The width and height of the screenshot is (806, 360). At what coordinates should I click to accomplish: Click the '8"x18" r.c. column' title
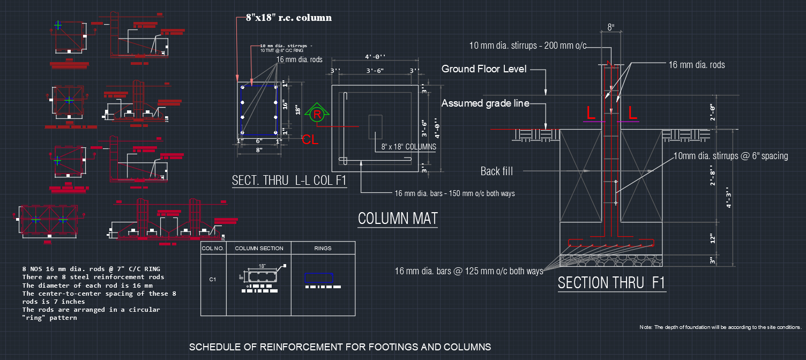pos(289,18)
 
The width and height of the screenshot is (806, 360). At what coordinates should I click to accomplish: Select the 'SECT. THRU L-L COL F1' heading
pos(289,181)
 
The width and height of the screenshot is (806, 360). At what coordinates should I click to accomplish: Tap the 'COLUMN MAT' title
pos(398,219)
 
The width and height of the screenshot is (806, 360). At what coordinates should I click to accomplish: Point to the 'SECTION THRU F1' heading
pos(611,282)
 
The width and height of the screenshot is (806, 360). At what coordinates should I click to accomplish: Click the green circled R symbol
pos(317,115)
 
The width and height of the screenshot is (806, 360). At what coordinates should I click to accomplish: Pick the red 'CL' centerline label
pos(310,140)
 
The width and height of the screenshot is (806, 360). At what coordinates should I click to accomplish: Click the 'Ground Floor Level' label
pos(484,69)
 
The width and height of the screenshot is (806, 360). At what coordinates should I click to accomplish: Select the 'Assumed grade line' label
pos(486,103)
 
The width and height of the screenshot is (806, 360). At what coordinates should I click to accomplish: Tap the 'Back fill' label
pos(497,171)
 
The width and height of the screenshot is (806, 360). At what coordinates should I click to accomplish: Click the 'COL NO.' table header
pos(213,248)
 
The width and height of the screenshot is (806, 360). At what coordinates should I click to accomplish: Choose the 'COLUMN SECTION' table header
pos(259,248)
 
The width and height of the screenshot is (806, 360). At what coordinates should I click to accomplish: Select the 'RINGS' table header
pos(323,248)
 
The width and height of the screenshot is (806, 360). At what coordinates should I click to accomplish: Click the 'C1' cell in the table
pos(213,279)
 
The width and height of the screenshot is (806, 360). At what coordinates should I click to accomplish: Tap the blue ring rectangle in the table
pos(319,278)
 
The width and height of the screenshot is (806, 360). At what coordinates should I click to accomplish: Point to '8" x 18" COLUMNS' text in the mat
pos(408,146)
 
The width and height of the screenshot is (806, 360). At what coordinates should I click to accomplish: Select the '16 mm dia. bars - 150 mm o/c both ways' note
pos(454,193)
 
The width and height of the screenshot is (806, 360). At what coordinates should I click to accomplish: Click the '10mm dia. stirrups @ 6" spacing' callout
pos(730,156)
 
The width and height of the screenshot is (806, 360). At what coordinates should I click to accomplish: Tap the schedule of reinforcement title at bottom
pos(340,347)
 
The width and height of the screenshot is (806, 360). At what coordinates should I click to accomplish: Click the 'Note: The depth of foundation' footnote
pos(720,327)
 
